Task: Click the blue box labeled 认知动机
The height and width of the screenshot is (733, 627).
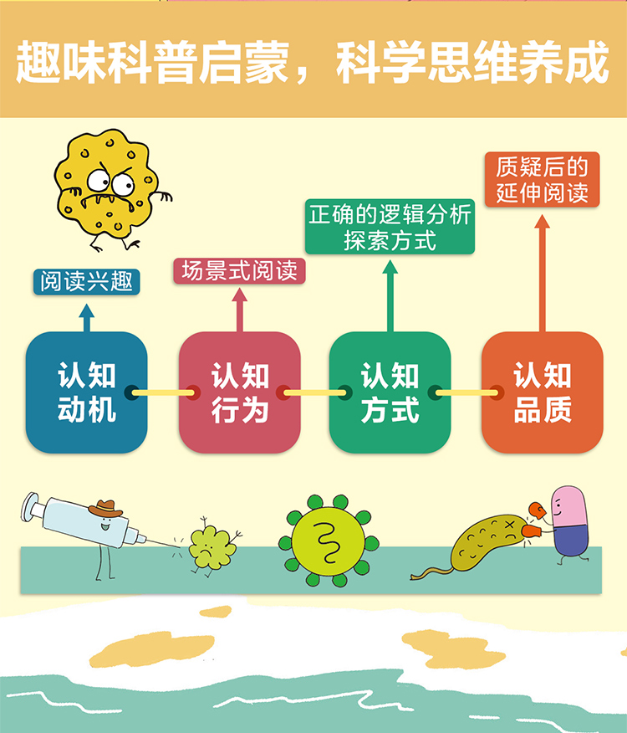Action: pos(86,392)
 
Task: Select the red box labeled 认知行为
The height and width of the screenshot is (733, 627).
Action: pos(239,392)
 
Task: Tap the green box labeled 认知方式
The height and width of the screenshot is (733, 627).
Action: pos(390,392)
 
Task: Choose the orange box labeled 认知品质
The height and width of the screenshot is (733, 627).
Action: pos(542,392)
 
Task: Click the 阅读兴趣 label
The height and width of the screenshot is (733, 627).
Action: pos(86,281)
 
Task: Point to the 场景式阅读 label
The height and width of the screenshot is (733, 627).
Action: pos(239,271)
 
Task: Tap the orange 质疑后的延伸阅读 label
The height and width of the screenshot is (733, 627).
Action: pos(542,178)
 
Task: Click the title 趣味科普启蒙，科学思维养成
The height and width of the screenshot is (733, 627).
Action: pos(313,63)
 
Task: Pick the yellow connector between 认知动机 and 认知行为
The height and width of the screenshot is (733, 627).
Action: pos(163,392)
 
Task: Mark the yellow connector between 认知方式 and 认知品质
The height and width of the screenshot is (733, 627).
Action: pos(466,392)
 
